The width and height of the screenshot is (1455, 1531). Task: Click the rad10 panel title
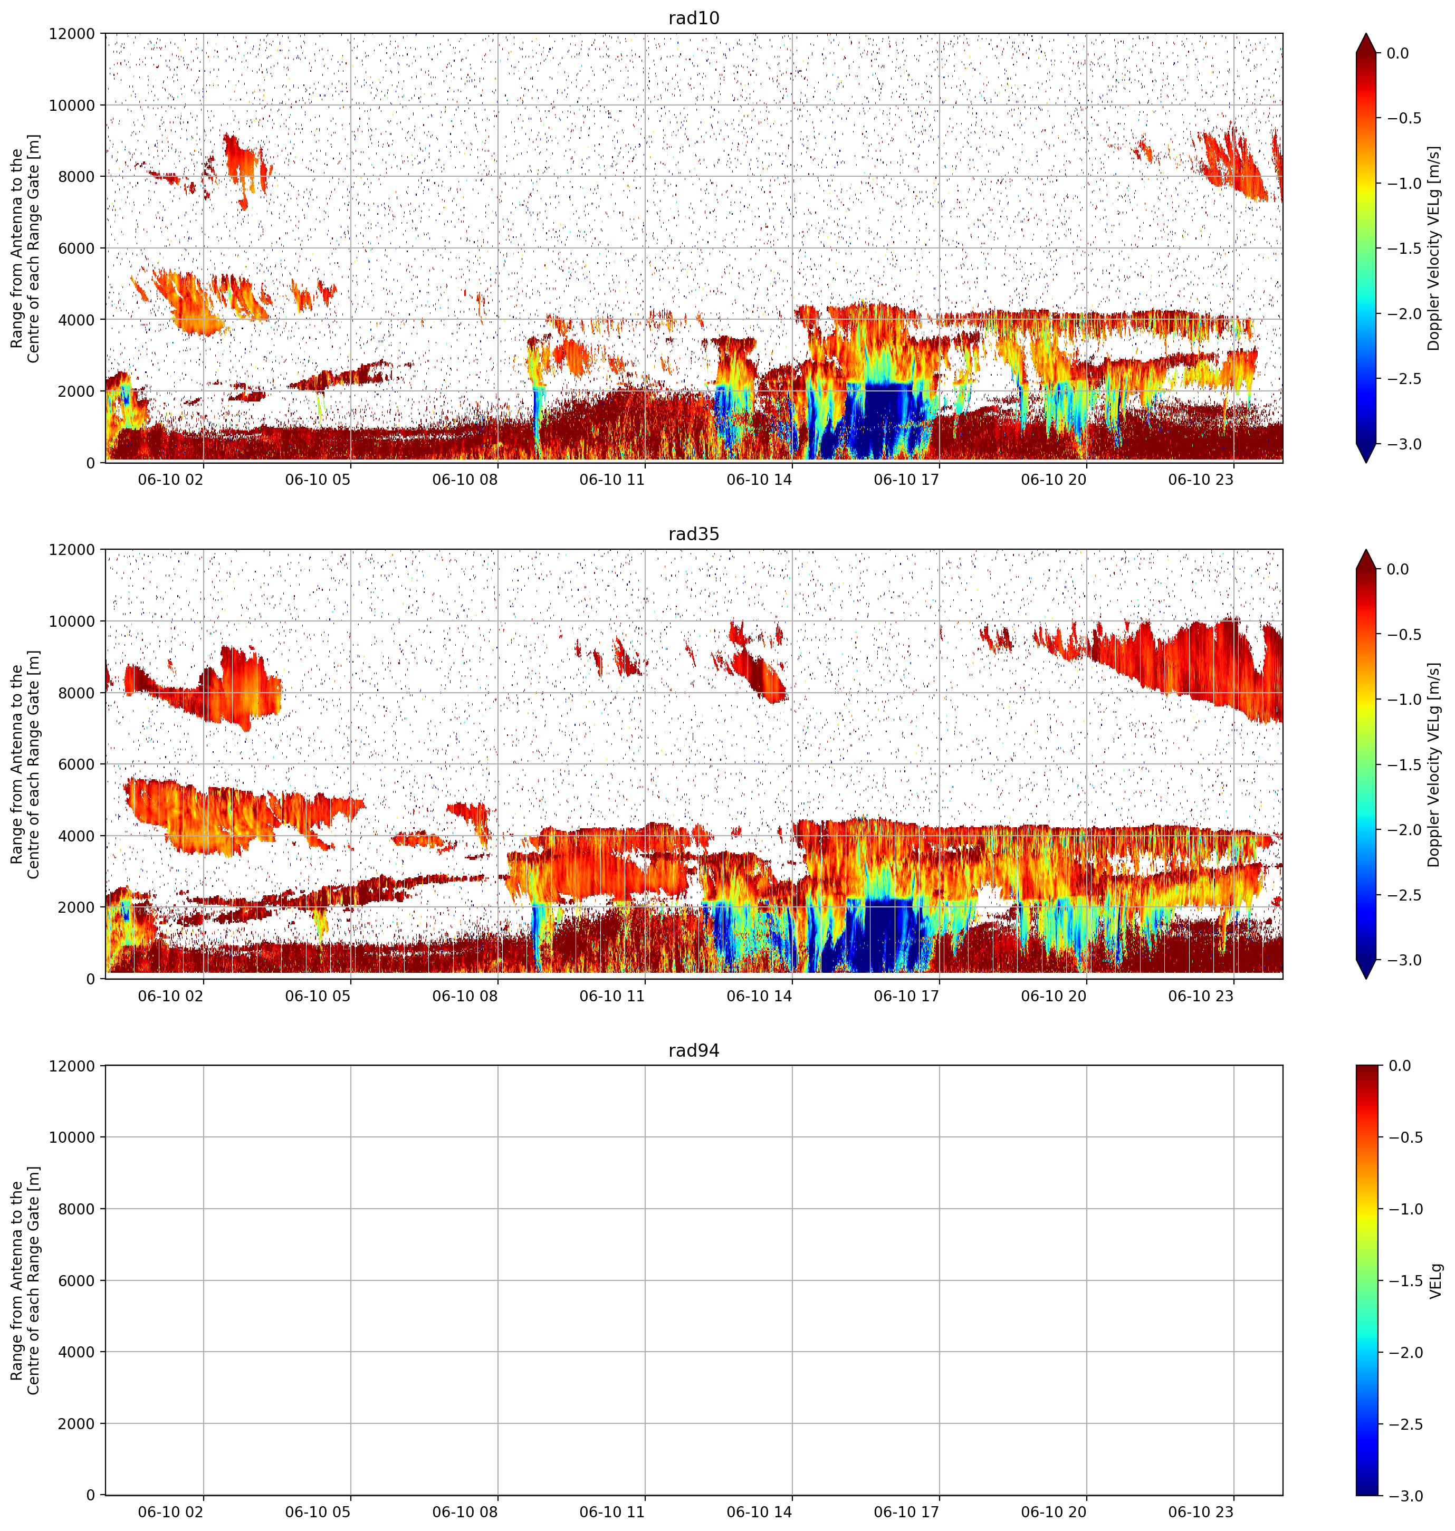(x=693, y=18)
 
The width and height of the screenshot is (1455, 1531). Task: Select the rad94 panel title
(x=693, y=1050)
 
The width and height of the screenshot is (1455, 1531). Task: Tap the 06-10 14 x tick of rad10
(x=759, y=480)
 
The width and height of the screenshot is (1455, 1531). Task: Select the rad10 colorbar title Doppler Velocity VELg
(x=1434, y=248)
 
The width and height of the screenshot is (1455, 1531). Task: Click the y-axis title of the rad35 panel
(x=26, y=765)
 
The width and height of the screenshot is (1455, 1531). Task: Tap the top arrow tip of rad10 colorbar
(x=1366, y=33)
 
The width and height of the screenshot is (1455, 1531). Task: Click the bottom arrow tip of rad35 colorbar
(x=1366, y=979)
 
